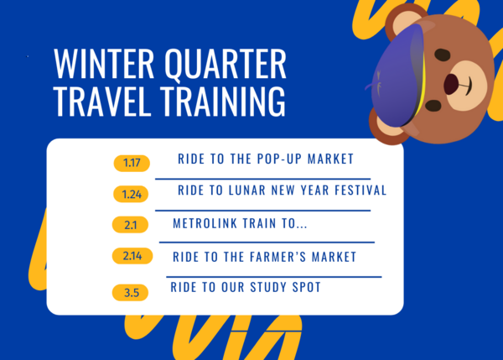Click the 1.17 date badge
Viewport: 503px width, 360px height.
pos(132,163)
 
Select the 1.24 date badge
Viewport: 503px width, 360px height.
pos(132,194)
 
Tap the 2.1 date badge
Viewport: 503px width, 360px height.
pos(131,225)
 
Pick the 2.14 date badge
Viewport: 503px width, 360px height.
pos(132,257)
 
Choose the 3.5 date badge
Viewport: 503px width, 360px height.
pos(131,292)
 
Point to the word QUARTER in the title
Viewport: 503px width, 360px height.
pos(225,65)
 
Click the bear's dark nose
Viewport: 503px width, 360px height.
pos(451,84)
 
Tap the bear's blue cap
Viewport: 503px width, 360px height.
pos(394,76)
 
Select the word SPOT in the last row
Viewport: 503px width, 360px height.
pos(303,287)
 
